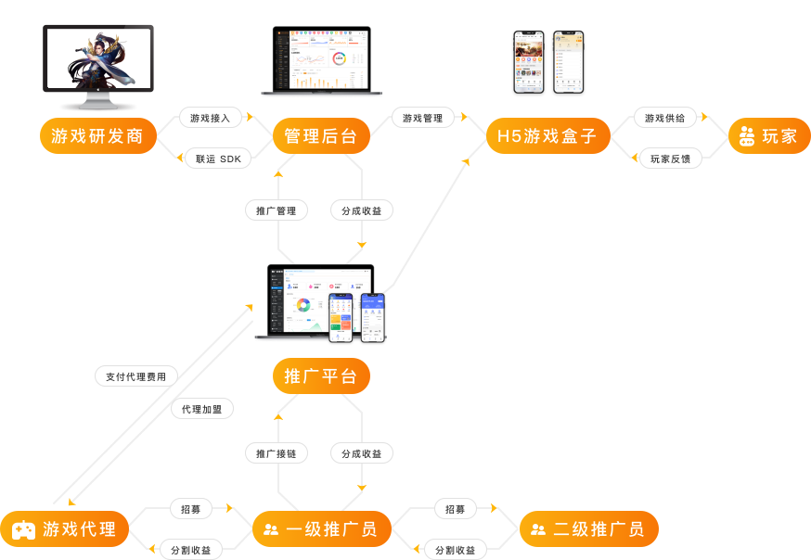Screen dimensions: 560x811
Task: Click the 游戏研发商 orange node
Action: [x=97, y=136]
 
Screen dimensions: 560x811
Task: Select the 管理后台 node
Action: [x=320, y=136]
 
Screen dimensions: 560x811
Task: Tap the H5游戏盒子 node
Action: [x=547, y=136]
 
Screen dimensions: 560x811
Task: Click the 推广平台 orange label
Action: [x=320, y=376]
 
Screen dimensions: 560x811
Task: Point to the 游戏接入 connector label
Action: [x=211, y=118]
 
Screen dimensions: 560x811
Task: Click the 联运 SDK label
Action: [x=218, y=159]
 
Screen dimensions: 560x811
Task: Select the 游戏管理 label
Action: [x=422, y=118]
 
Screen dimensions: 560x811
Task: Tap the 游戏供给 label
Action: [x=664, y=118]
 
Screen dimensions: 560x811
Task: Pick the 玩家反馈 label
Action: [x=670, y=159]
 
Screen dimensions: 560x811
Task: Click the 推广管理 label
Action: [x=277, y=210]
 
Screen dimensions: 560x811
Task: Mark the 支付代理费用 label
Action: [x=135, y=376]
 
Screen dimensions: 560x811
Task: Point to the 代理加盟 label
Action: [x=201, y=409]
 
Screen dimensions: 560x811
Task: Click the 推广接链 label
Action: [x=277, y=453]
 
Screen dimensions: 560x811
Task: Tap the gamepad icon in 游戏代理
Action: [x=23, y=530]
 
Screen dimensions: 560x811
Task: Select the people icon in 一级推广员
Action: [x=271, y=530]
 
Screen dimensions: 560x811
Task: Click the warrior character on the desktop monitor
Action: [x=97, y=60]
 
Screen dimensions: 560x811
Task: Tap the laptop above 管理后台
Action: [x=321, y=60]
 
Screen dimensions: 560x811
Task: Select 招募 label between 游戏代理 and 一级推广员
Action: [x=190, y=509]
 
